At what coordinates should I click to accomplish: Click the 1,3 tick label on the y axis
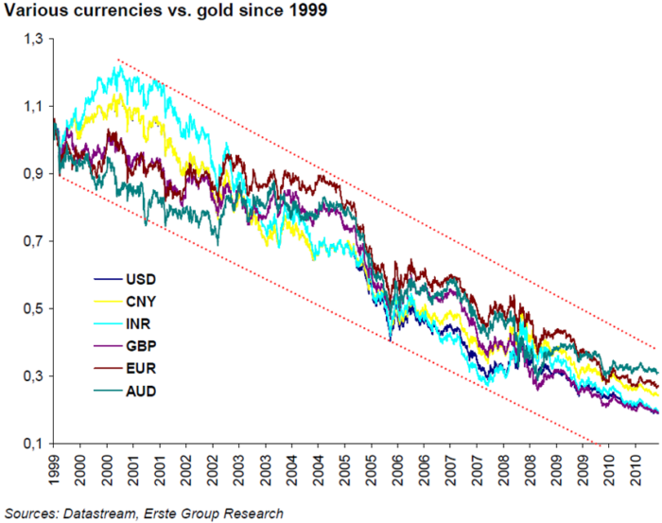[34, 40]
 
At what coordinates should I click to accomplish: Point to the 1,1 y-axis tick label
[34, 106]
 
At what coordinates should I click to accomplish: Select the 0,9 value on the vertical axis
[34, 174]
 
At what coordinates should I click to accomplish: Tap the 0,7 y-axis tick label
[34, 241]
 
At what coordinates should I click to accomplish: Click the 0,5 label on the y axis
[34, 308]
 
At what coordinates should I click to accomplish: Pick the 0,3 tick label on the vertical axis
[34, 376]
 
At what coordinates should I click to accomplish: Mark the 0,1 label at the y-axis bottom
[34, 444]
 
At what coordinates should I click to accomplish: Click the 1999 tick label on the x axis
[54, 469]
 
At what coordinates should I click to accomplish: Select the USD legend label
[141, 279]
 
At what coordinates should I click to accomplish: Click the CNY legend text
[141, 302]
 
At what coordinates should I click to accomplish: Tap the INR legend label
[138, 324]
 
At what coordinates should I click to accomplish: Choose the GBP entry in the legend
[141, 346]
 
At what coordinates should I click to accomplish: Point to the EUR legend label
[141, 369]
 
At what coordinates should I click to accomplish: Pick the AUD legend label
[141, 392]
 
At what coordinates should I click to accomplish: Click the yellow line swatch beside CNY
[108, 302]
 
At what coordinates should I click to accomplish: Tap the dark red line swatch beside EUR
[108, 369]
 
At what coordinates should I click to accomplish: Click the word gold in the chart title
[216, 10]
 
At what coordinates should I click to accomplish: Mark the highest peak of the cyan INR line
[120, 66]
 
